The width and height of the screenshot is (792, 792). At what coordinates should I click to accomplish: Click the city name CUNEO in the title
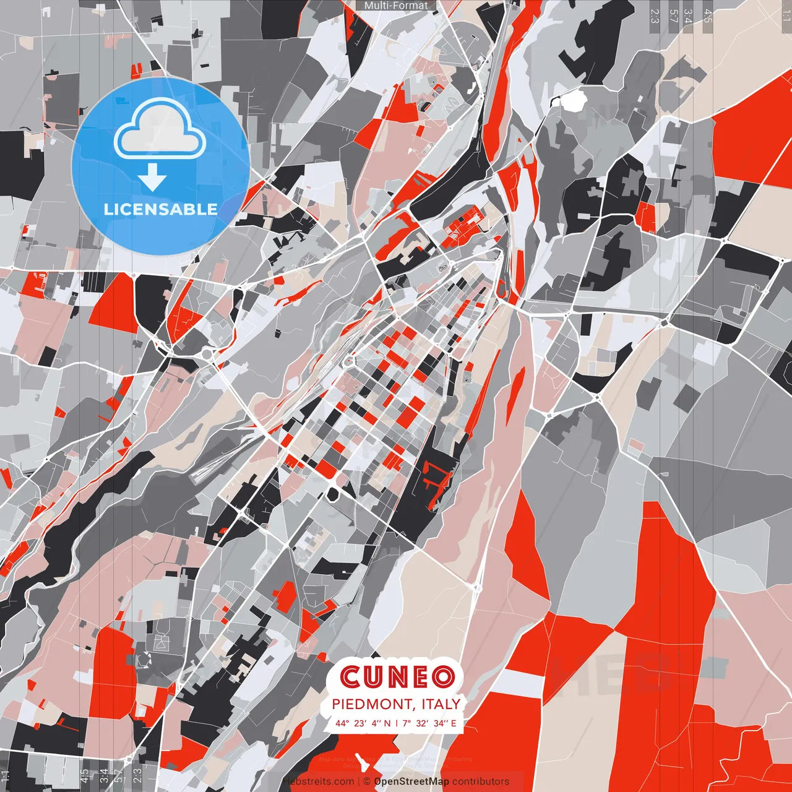pyautogui.click(x=397, y=677)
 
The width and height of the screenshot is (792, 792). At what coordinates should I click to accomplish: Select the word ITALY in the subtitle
pyautogui.click(x=441, y=704)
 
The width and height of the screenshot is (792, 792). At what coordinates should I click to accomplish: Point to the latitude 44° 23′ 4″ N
pyautogui.click(x=363, y=723)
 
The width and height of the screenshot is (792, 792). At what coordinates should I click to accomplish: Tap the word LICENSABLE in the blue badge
pyautogui.click(x=160, y=209)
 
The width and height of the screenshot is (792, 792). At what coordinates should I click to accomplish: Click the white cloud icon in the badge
pyautogui.click(x=160, y=131)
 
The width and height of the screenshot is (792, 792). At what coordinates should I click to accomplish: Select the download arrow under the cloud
pyautogui.click(x=152, y=177)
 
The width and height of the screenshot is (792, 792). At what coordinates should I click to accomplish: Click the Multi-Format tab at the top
pyautogui.click(x=396, y=6)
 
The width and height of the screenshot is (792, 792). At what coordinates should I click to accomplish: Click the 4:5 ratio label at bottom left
pyautogui.click(x=84, y=776)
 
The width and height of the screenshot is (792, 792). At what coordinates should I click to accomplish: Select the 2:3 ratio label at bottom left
pyautogui.click(x=137, y=776)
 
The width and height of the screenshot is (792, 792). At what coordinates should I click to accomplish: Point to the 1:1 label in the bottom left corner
pyautogui.click(x=6, y=776)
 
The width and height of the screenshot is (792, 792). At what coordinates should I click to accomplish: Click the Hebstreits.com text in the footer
pyautogui.click(x=318, y=781)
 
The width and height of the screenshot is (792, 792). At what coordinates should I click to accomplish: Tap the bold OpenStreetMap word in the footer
pyautogui.click(x=411, y=781)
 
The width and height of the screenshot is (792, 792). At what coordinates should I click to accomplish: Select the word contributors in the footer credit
pyautogui.click(x=481, y=781)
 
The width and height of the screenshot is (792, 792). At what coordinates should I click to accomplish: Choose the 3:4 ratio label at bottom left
pyautogui.click(x=103, y=776)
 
